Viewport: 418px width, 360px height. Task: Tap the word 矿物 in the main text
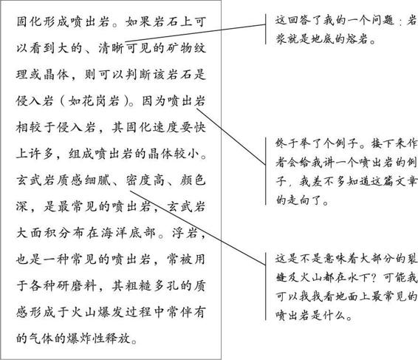(173, 48)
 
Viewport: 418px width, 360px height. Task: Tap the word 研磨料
(77, 286)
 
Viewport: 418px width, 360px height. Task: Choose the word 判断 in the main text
(138, 75)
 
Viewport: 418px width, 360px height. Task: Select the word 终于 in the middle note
(287, 143)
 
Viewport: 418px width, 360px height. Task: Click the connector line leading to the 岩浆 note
(195, 33)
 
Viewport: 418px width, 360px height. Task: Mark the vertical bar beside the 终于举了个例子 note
(266, 171)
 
